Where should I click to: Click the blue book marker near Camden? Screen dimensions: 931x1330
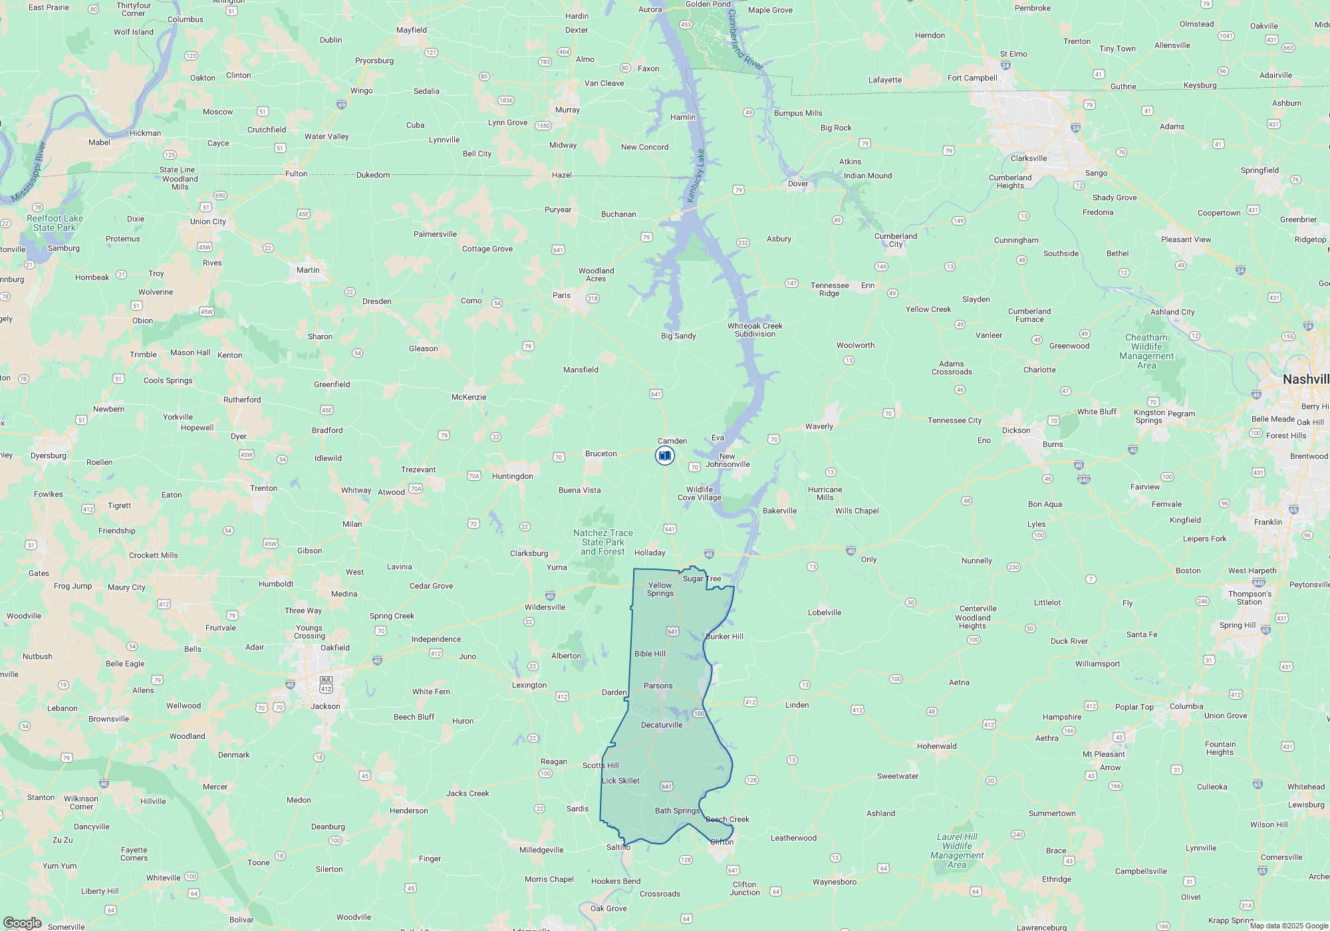pos(665,456)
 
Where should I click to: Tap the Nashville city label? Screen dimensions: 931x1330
pos(1305,379)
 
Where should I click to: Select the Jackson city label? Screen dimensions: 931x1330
pos(325,706)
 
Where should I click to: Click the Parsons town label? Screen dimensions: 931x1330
pos(658,686)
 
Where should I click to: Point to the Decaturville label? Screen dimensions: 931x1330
pos(662,725)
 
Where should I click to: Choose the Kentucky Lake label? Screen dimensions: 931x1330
pos(696,176)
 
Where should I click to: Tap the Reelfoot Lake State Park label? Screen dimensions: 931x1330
pos(55,223)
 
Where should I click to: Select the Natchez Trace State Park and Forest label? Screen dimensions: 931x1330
pos(603,542)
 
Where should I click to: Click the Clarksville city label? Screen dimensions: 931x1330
pos(1029,158)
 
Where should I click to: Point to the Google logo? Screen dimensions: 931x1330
pos(23,922)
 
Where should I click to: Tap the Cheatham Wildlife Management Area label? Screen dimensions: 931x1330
pos(1146,351)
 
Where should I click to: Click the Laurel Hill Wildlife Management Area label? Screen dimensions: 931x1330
pos(957,851)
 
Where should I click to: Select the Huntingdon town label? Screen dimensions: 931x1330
pos(513,476)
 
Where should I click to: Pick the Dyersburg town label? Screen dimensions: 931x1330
pos(49,456)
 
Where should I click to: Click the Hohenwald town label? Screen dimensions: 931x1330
pos(936,746)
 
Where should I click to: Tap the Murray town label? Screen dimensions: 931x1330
pos(567,110)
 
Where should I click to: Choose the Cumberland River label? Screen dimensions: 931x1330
pos(744,39)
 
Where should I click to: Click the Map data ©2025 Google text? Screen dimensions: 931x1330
pos(1289,926)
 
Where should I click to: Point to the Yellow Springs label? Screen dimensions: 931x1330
pos(660,589)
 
